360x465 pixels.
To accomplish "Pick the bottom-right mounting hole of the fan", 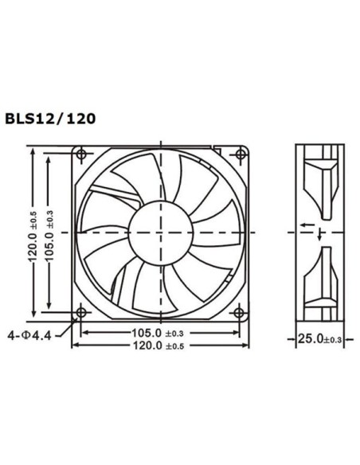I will tap(238, 311).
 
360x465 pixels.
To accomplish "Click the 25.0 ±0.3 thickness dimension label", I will tap(319, 338).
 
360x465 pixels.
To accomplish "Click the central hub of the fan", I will tap(159, 231).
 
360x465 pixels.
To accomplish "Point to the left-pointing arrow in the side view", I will tap(306, 225).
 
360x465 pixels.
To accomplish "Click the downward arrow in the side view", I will tap(319, 235).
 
